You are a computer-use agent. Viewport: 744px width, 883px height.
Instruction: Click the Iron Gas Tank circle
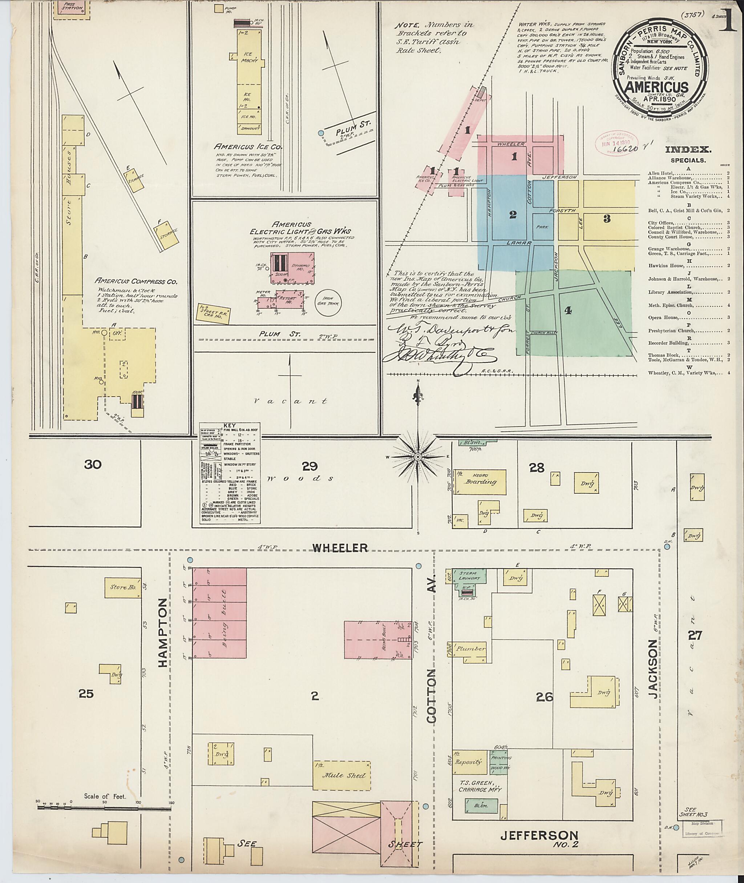(330, 303)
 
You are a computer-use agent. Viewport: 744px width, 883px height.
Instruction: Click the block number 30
(93, 465)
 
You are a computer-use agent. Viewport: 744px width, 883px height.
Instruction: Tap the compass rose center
(417, 457)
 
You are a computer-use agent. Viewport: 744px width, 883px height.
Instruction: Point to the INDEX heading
(688, 149)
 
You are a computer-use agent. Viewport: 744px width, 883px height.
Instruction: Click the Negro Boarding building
(480, 482)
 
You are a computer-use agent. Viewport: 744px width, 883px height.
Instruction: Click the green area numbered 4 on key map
(568, 311)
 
